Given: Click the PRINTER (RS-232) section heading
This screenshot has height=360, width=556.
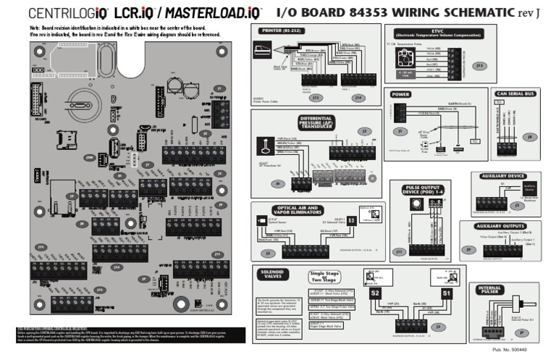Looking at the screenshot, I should pos(282,31).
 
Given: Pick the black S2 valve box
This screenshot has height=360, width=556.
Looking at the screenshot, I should pos(375,293).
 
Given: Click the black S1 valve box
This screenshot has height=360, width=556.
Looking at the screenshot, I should pos(447,293).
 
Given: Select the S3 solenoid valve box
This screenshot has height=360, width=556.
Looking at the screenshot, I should pos(351,219).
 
